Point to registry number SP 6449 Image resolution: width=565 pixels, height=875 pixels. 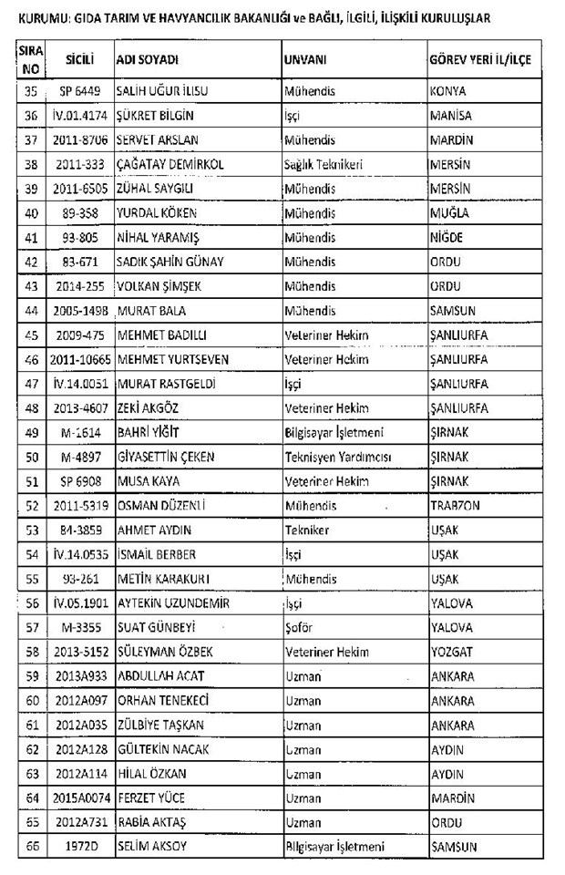[x=77, y=92]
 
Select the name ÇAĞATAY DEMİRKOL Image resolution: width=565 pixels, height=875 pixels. [x=171, y=164]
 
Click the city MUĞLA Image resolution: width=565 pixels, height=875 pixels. [x=449, y=213]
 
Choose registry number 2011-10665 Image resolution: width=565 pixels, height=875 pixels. [x=77, y=359]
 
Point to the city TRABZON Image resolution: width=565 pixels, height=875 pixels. [x=455, y=505]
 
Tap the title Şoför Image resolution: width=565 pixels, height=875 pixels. [x=301, y=627]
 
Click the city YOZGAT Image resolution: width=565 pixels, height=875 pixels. [x=451, y=652]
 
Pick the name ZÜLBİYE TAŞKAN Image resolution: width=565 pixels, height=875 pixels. [x=163, y=725]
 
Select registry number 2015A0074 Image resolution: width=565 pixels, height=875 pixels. [x=77, y=798]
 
